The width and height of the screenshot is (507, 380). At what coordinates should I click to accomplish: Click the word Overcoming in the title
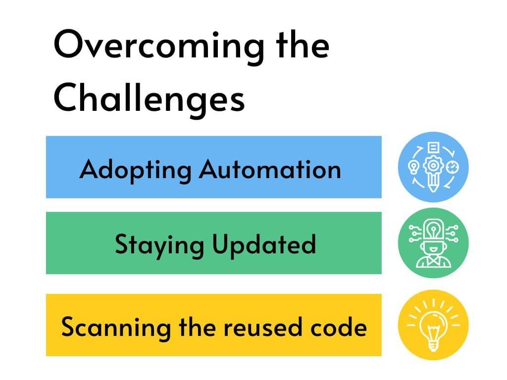[x=159, y=47]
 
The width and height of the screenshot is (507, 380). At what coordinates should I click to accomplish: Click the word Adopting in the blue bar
[x=136, y=170]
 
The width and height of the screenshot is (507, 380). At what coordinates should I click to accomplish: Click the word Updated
[x=263, y=244]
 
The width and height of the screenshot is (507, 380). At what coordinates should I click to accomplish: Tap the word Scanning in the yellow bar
[x=116, y=328]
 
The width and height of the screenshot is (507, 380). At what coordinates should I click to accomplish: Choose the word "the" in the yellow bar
[x=197, y=327]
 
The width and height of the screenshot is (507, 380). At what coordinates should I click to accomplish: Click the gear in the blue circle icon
[x=433, y=166]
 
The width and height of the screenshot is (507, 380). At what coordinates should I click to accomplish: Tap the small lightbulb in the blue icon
[x=414, y=167]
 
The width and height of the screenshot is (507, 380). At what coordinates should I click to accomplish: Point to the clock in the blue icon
[x=452, y=167]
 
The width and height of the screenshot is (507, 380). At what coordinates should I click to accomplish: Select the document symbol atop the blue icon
[x=433, y=147]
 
